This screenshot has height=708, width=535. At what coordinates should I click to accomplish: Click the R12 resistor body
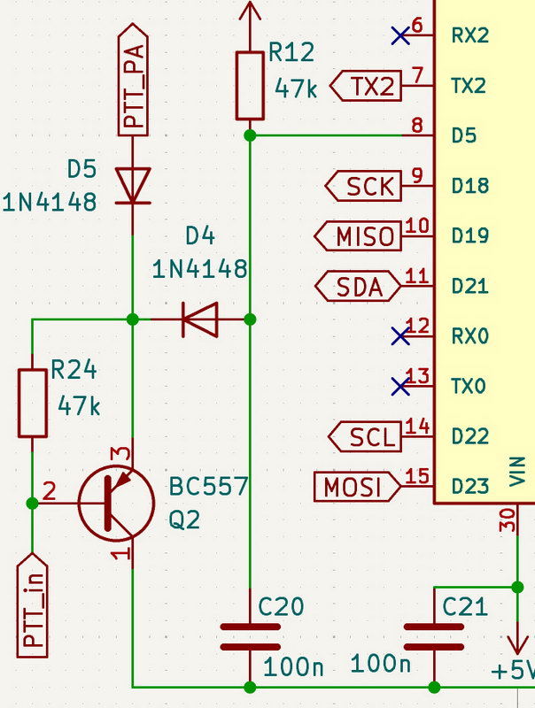(250, 85)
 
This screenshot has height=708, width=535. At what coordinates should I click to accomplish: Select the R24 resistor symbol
(33, 404)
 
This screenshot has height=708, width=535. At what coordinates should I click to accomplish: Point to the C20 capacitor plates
(250, 636)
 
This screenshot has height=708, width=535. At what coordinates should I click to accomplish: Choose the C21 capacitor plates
(434, 636)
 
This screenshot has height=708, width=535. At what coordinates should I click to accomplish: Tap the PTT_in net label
(33, 605)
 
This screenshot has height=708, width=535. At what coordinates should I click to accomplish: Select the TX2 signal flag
(365, 86)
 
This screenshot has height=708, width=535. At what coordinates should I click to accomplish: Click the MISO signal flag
(360, 236)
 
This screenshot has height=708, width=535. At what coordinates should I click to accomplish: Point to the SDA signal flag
(360, 287)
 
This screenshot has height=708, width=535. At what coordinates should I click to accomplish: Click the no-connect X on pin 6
(400, 35)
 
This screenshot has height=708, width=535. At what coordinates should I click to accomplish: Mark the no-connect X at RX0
(400, 336)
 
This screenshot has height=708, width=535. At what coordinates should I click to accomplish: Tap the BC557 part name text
(209, 487)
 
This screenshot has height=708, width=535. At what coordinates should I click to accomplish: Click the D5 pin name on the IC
(464, 136)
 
